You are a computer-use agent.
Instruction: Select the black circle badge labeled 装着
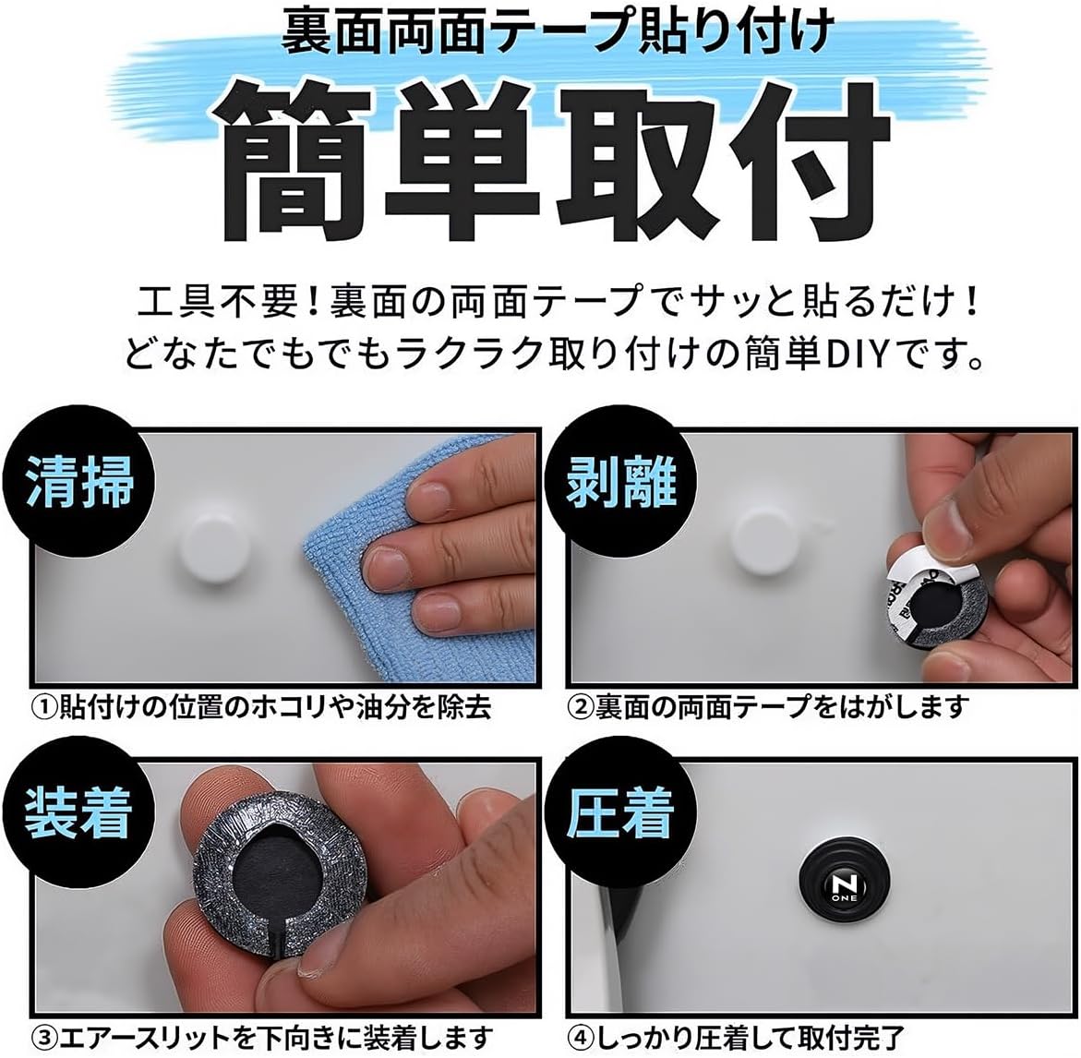pyautogui.click(x=78, y=812)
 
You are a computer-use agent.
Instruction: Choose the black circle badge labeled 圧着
pyautogui.click(x=619, y=812)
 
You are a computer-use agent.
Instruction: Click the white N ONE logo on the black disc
pyautogui.click(x=843, y=887)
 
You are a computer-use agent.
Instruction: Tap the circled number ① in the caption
pyautogui.click(x=45, y=707)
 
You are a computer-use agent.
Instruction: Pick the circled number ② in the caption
pyautogui.click(x=581, y=707)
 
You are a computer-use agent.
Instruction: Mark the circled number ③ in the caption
pyautogui.click(x=45, y=1037)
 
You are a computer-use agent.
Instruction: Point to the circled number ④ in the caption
pyautogui.click(x=581, y=1037)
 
